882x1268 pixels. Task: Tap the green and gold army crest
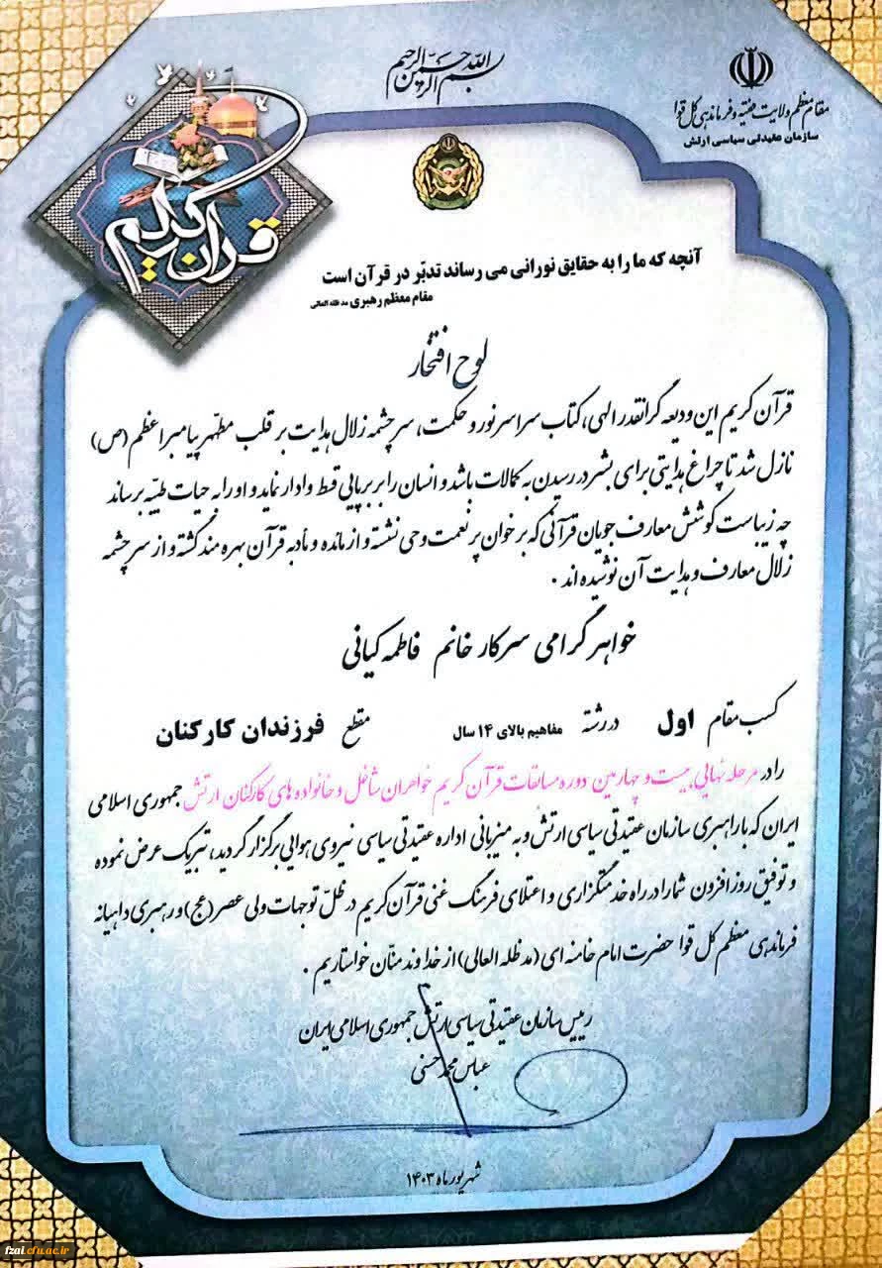[x=438, y=175]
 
